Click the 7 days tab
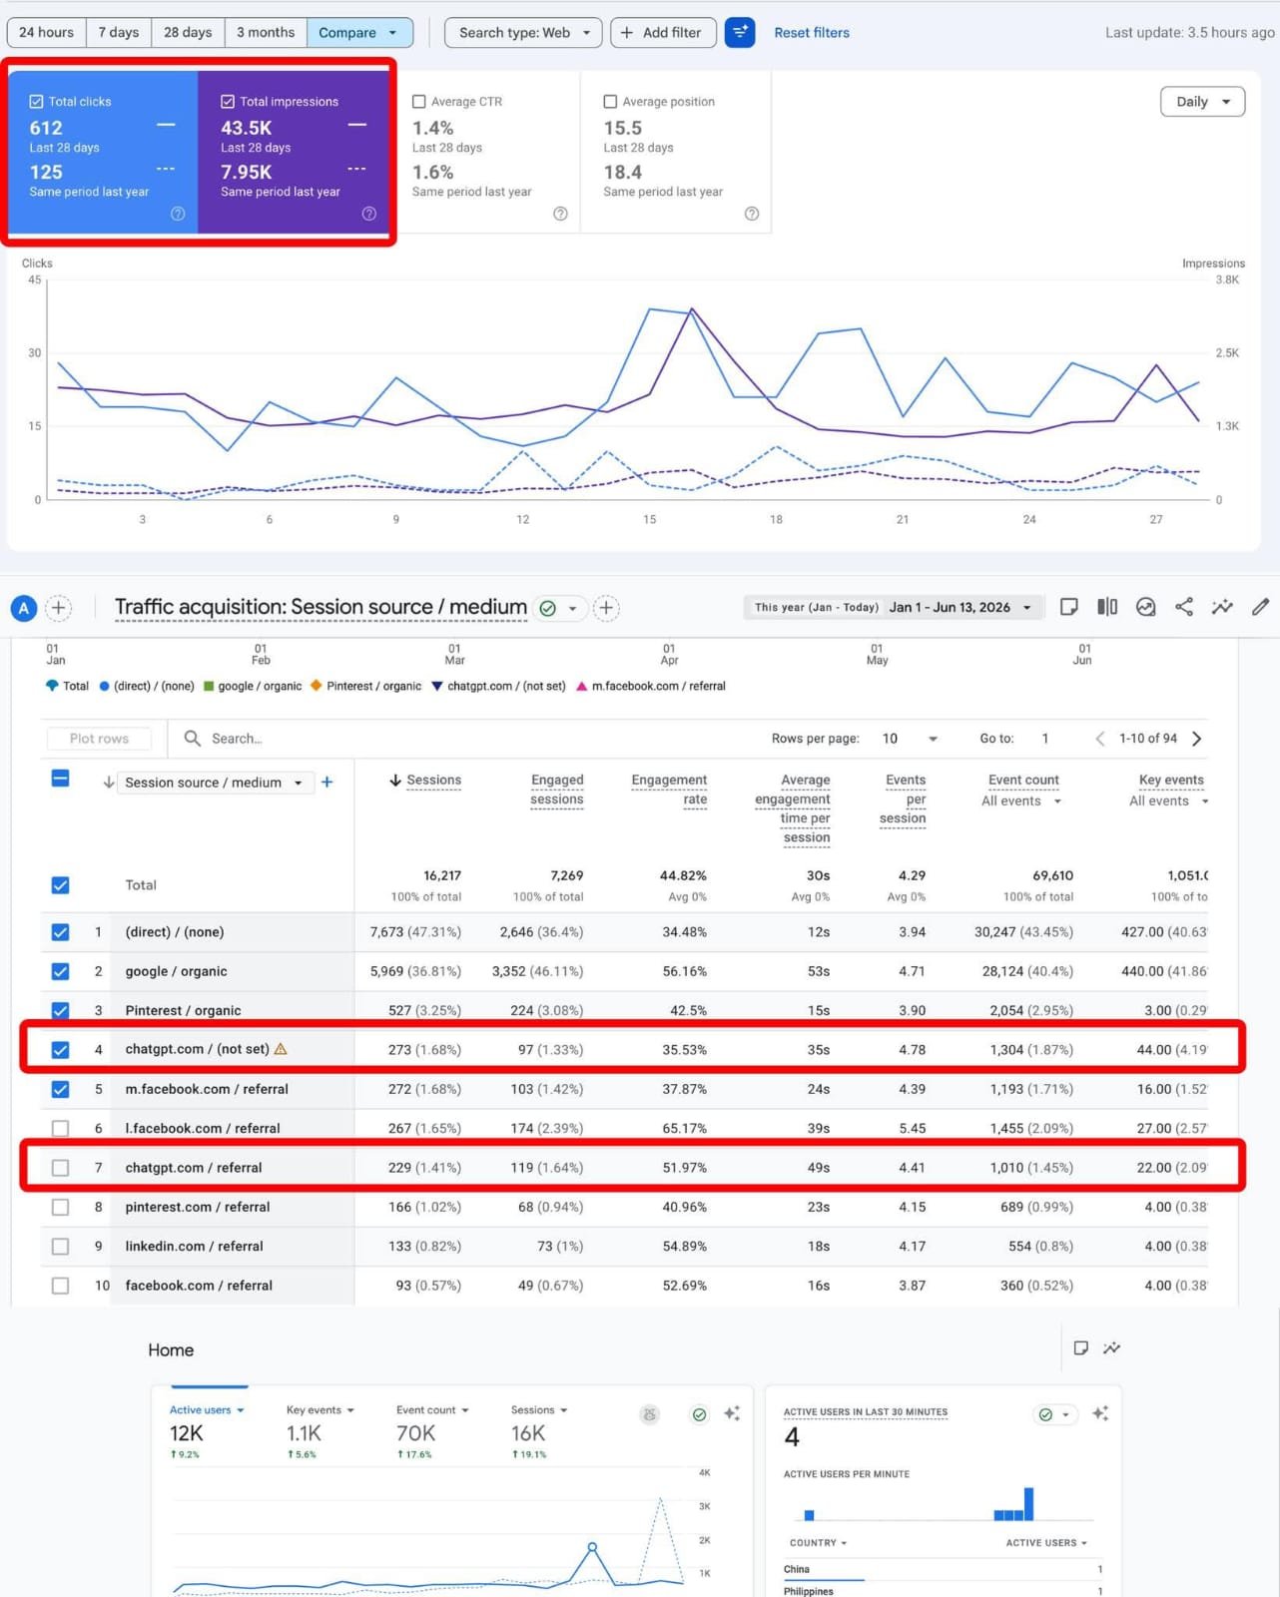coord(119,33)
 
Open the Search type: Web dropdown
coord(523,33)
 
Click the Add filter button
coord(663,33)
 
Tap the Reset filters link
coord(812,33)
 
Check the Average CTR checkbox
coord(418,102)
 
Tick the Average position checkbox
coord(610,102)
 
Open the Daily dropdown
coord(1202,102)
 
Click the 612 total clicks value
coord(46,128)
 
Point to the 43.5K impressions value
coord(246,128)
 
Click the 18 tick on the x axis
coord(776,519)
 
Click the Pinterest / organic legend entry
coord(366,686)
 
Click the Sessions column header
coord(425,780)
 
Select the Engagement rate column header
coord(669,790)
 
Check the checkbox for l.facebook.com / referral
coord(60,1128)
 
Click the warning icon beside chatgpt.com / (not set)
coord(281,1049)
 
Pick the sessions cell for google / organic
coord(415,971)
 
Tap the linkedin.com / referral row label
coord(194,1246)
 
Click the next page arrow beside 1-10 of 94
coord(1196,739)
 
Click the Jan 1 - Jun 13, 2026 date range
coord(950,608)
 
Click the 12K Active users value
coord(186,1433)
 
